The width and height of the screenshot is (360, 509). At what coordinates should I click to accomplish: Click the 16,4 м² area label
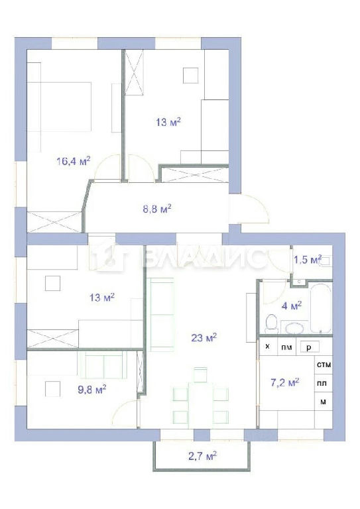coord(74,161)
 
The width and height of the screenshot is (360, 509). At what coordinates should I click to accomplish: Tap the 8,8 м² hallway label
coord(157,209)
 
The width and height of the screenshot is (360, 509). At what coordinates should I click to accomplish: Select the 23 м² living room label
coord(204,337)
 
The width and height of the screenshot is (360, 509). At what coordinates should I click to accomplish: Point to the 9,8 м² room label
coord(92,389)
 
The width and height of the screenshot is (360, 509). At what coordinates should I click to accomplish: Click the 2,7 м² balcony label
coord(203,456)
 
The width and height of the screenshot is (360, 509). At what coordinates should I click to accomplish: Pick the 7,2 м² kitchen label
coord(285,382)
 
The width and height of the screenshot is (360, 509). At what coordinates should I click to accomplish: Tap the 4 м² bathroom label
coord(292,306)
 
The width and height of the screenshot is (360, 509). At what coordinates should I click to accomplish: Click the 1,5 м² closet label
coord(308,259)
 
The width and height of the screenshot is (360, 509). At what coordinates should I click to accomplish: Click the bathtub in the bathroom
coord(321,308)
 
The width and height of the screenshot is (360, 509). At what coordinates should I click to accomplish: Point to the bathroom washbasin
coord(294,327)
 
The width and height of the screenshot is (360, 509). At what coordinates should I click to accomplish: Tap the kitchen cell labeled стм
coord(324,365)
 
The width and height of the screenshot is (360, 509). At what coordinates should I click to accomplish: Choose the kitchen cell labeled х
coord(268,347)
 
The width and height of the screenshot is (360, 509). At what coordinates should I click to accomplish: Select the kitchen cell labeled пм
coord(286,347)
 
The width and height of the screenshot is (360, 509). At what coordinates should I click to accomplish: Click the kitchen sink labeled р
coord(310,347)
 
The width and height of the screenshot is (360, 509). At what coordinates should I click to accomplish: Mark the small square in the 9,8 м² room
coord(52,389)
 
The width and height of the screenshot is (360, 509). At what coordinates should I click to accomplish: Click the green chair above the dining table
coord(200,375)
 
